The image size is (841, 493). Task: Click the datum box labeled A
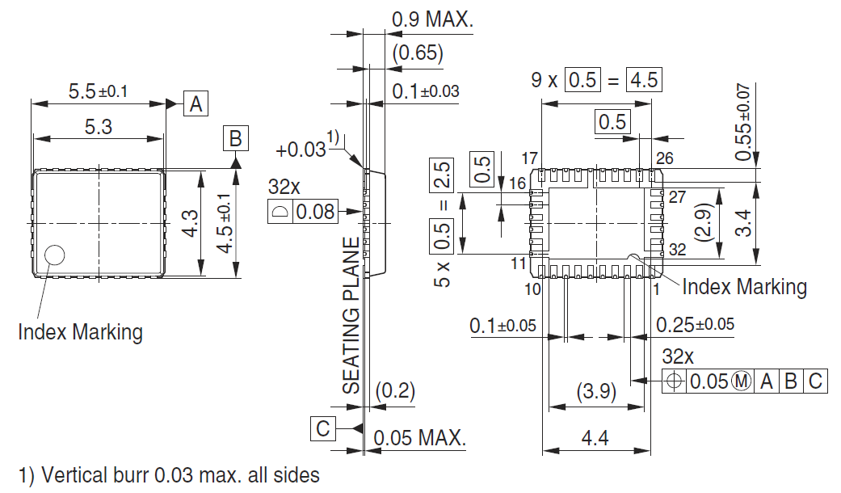196,103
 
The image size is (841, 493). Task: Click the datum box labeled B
235,138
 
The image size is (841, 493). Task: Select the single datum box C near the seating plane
323,428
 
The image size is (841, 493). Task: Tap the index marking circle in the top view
55,255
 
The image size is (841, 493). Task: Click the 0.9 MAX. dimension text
432,20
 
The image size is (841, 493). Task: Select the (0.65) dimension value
417,54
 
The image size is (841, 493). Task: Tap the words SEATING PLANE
351,315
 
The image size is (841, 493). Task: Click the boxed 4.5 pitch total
644,80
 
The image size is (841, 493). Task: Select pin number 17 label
530,158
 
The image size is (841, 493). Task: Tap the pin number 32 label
677,251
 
